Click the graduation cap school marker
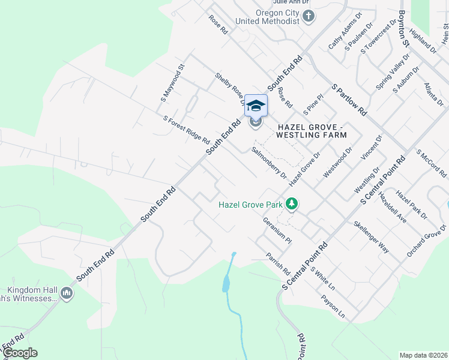point(256,106)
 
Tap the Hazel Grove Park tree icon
point(292,205)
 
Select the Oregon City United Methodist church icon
point(309,16)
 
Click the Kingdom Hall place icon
point(66,293)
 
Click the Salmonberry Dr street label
point(269,162)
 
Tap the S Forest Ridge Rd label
point(186,130)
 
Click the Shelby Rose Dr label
point(231,88)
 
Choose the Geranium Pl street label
point(277,230)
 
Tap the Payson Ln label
point(333,306)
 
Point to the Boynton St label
point(403,28)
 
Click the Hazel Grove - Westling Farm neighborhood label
point(312,131)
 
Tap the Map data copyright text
point(423,355)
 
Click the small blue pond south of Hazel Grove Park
point(226,282)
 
